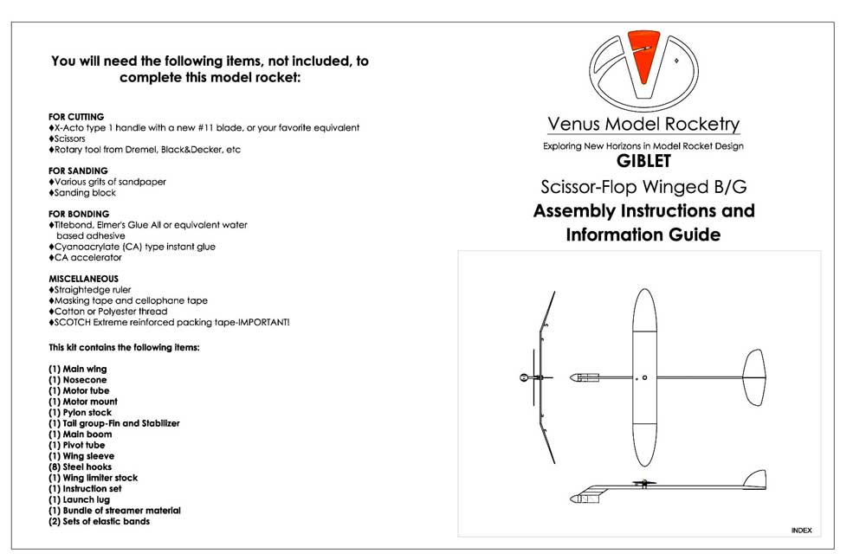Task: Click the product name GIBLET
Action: pyautogui.click(x=643, y=161)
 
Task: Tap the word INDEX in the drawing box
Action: pyautogui.click(x=801, y=529)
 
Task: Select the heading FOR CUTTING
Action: pyautogui.click(x=76, y=117)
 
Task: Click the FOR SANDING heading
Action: pyautogui.click(x=78, y=171)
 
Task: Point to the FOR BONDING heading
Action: pyautogui.click(x=79, y=214)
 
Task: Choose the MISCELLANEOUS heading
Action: pyautogui.click(x=83, y=279)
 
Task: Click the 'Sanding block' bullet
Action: pyautogui.click(x=83, y=193)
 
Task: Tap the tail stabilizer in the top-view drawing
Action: pyautogui.click(x=753, y=377)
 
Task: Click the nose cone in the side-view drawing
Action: pyautogui.click(x=576, y=499)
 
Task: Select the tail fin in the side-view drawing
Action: pyautogui.click(x=755, y=480)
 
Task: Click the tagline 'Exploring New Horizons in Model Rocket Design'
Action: pyautogui.click(x=643, y=146)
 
